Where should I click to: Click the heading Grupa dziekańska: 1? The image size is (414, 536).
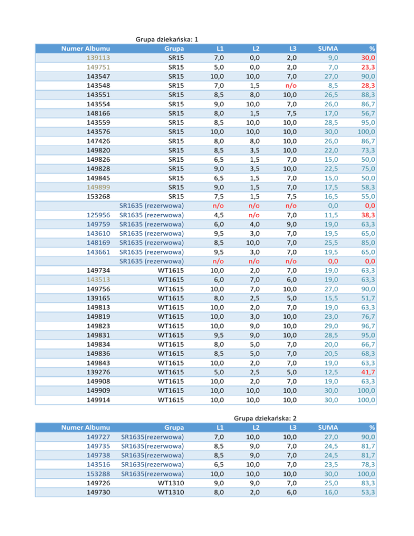(x=167, y=39)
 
